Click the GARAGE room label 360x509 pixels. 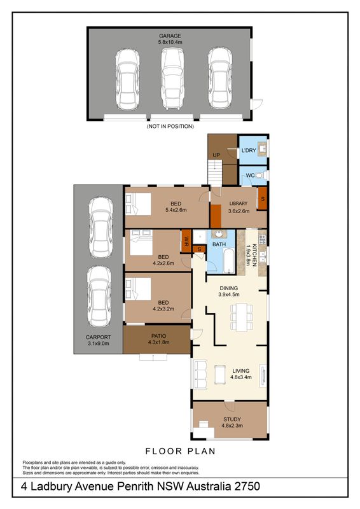tap(170, 36)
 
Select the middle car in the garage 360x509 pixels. tap(172, 79)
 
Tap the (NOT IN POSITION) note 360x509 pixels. tap(170, 126)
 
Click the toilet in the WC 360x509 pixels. tap(260, 176)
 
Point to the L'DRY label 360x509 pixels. tap(249, 151)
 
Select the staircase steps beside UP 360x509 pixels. tap(214, 174)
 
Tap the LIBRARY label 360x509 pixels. tap(239, 204)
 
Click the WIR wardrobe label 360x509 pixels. tap(186, 241)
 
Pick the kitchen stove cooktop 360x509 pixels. tap(263, 240)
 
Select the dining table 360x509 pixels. tap(242, 317)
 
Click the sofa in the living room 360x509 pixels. tap(200, 375)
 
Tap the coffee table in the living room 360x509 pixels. tap(220, 375)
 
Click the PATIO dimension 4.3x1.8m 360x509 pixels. tap(159, 342)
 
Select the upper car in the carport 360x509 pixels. tap(101, 227)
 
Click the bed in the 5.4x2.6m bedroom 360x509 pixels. tap(139, 204)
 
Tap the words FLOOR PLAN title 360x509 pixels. tap(180, 451)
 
